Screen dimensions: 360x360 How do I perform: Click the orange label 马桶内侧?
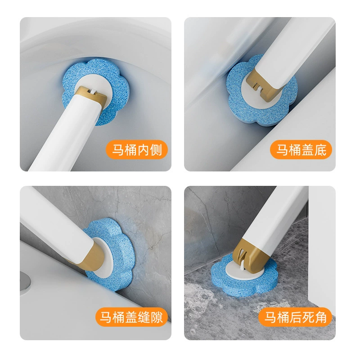point(137,150)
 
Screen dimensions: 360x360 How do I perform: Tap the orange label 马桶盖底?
point(301,150)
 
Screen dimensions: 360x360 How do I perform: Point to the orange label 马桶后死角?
point(296,317)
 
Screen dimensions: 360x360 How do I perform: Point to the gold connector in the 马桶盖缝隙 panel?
point(94,255)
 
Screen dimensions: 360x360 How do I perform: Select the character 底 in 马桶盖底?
point(320,150)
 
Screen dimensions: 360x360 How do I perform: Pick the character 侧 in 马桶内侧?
point(156,150)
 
